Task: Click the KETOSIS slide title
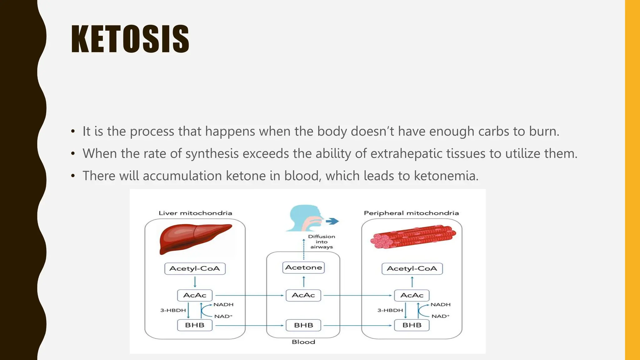(x=130, y=39)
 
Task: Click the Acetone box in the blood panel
(x=303, y=267)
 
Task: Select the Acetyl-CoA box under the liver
(x=195, y=268)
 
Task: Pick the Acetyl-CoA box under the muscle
(x=412, y=268)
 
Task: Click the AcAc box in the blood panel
(x=303, y=295)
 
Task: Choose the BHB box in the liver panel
(x=194, y=325)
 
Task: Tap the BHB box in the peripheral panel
(x=412, y=325)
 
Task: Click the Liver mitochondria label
(x=195, y=213)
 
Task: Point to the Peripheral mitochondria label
(x=411, y=213)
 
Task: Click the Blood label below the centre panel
(x=303, y=342)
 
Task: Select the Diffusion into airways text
(x=322, y=242)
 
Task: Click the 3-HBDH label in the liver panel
(x=173, y=310)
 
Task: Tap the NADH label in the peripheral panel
(x=440, y=304)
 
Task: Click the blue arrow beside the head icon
(x=332, y=221)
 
